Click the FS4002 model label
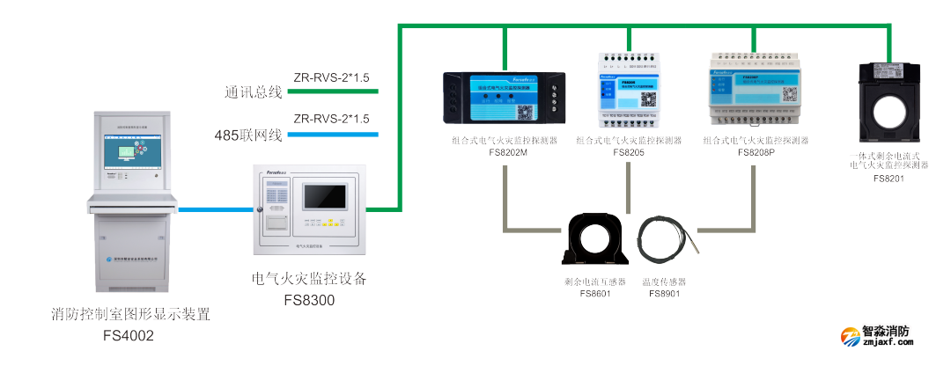pos(129,335)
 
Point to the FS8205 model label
pos(629,151)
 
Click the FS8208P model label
pos(756,151)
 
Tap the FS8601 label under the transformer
pos(595,294)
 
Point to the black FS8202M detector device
pos(503,98)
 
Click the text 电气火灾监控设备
pos(309,279)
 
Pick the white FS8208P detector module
pos(754,88)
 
